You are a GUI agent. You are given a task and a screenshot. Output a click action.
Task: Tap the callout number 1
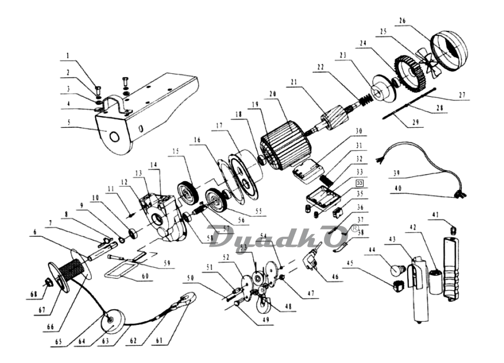(x=67, y=55)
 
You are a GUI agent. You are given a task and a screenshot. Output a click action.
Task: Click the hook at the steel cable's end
(x=188, y=297)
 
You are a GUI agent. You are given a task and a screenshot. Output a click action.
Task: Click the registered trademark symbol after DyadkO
(x=354, y=228)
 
